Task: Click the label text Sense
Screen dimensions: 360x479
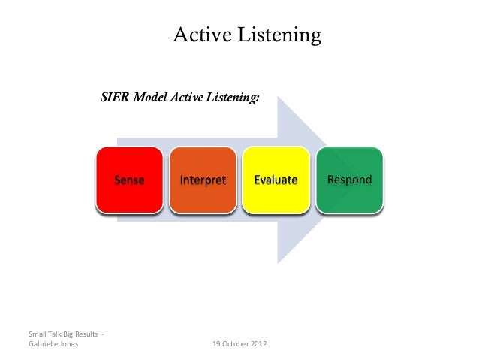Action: click(129, 181)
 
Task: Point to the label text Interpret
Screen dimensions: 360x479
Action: click(202, 181)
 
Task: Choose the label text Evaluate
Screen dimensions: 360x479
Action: click(276, 181)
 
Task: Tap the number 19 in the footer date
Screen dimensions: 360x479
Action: click(217, 344)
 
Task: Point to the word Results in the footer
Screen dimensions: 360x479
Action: click(83, 334)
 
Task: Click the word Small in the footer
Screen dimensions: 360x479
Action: click(36, 334)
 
